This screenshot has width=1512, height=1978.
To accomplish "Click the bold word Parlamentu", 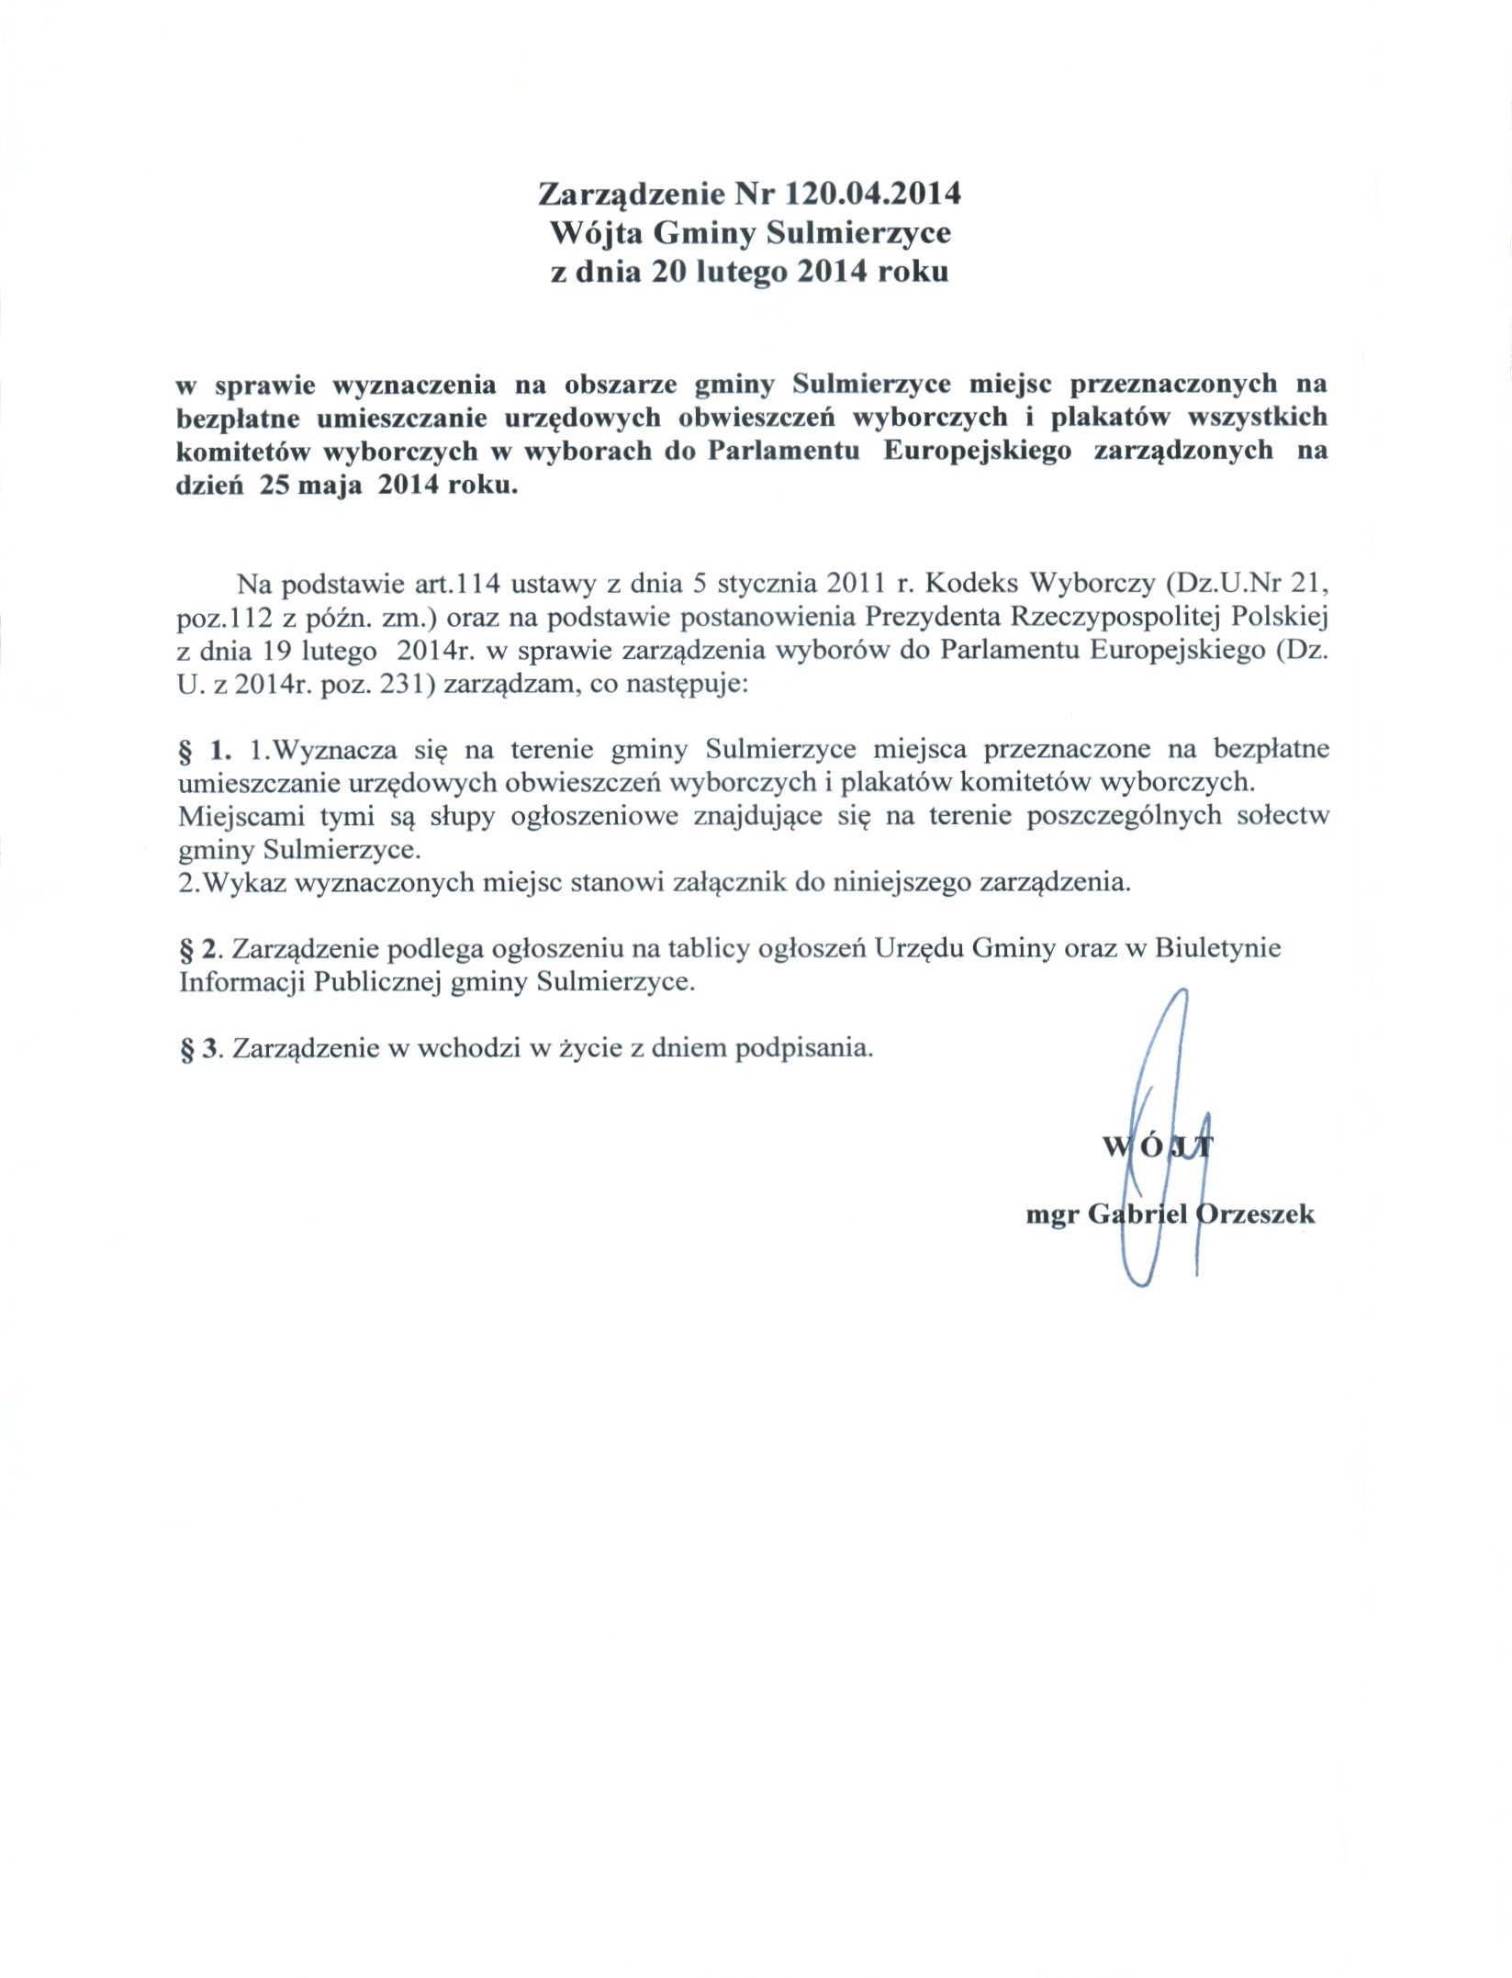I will pos(783,451).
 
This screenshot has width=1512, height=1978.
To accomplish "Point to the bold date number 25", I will pos(274,485).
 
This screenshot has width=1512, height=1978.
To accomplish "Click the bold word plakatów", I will pos(1110,417).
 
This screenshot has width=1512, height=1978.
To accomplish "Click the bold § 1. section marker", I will pos(205,750).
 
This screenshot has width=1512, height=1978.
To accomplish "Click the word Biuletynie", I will pos(1217,948).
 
